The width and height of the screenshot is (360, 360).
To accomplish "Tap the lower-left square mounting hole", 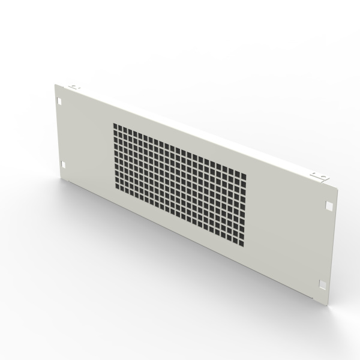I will point(63,163).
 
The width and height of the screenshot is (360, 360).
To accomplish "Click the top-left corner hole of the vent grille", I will point(115,127).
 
